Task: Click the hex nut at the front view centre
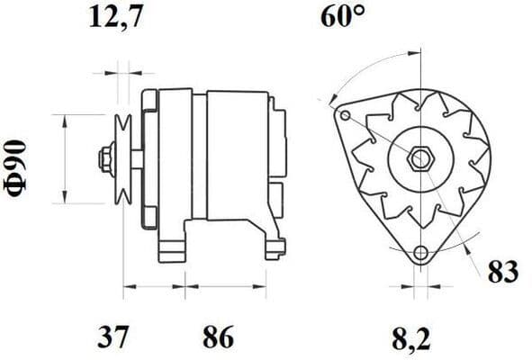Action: pyautogui.click(x=420, y=160)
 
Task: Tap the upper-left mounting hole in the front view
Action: pyautogui.click(x=344, y=115)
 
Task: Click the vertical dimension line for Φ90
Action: pyautogui.click(x=66, y=159)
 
